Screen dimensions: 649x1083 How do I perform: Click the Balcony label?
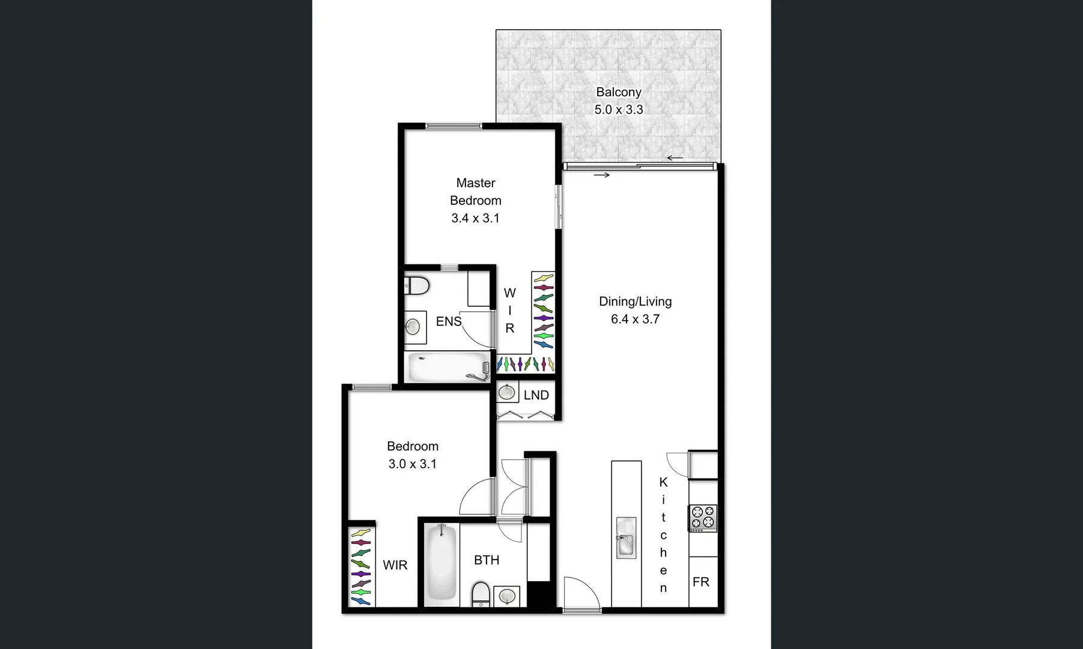pos(619,92)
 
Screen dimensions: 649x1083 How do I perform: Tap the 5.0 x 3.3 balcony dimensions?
pos(619,109)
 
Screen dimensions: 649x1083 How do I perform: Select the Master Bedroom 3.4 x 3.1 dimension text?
pos(475,218)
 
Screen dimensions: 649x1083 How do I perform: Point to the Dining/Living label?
pos(635,302)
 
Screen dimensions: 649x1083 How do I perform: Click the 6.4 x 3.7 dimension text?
pos(635,319)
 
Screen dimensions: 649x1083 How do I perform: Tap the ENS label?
pos(448,321)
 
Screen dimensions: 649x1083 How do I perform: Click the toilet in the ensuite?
pos(416,285)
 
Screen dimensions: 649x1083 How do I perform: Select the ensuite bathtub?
pos(448,367)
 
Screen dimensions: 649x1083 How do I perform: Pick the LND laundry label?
pos(536,395)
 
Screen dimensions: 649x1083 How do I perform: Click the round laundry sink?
pos(508,393)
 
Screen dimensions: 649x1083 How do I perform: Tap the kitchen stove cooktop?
pos(703,519)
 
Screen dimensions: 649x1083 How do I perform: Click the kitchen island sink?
pos(626,538)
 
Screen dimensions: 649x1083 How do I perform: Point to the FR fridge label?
pos(700,582)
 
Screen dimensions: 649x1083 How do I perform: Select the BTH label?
pos(487,560)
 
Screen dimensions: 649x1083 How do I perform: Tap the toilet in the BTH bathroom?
pos(481,594)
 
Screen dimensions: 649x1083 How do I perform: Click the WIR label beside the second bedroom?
pos(395,565)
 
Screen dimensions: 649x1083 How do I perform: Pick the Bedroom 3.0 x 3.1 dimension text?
pos(412,464)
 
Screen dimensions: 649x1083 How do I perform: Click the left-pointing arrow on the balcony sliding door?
pos(675,159)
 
